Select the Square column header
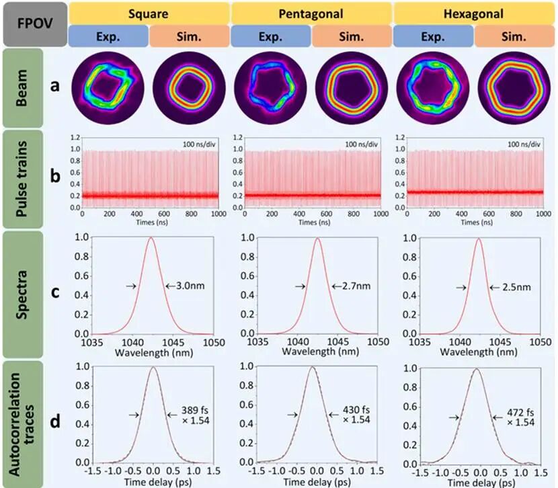tap(149, 13)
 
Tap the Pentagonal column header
tap(311, 13)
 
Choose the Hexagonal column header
tap(473, 13)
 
